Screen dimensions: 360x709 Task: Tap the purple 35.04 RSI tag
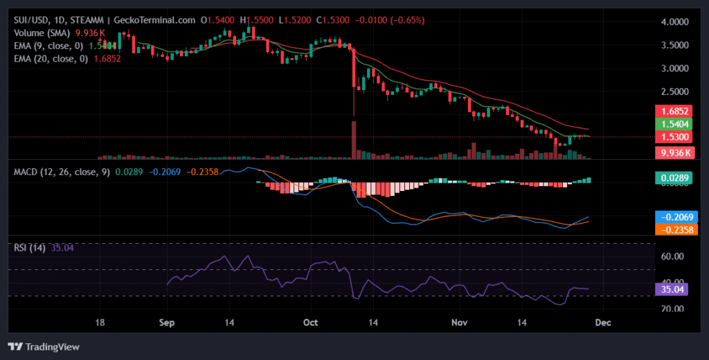[671, 289]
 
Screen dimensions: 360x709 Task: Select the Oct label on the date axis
[310, 323]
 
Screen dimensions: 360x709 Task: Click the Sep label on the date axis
[167, 323]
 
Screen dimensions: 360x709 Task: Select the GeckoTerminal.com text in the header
[163, 21]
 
